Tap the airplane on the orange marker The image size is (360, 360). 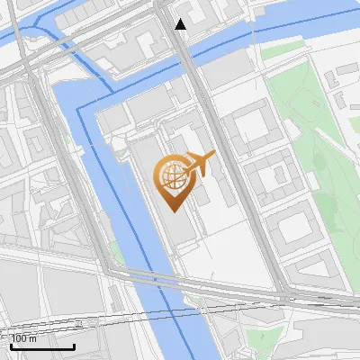tap(201, 164)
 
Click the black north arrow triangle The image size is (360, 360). tap(180, 24)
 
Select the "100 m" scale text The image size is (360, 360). tap(24, 338)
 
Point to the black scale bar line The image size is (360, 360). tap(42, 346)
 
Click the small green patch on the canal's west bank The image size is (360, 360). tap(115, 253)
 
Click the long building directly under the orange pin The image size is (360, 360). tap(176, 220)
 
